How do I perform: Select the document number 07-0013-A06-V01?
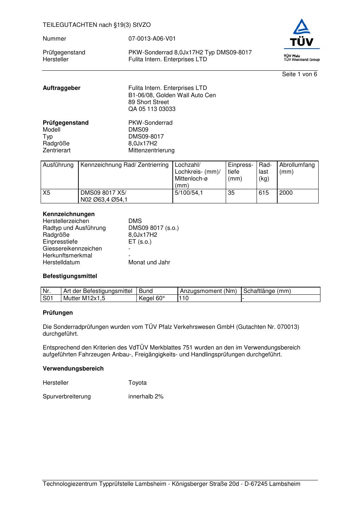coord(152,39)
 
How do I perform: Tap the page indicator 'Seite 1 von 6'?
coord(299,74)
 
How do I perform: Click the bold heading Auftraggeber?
coord(61,88)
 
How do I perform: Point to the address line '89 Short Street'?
coord(148,102)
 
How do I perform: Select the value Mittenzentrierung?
coord(151,150)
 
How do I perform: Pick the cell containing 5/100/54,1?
coord(189,193)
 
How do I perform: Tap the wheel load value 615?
coord(264,193)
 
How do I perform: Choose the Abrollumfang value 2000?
coord(286,193)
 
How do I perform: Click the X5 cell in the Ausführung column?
coord(46,193)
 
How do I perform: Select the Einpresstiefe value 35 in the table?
coord(231,193)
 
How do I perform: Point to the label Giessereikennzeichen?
coord(72,249)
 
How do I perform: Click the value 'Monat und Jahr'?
coord(149,262)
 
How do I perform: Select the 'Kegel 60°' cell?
coord(152,298)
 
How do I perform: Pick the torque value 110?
coord(184,298)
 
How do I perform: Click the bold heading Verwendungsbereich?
coord(73,369)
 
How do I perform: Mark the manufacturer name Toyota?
coord(137,383)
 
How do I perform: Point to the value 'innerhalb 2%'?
coord(146,397)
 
